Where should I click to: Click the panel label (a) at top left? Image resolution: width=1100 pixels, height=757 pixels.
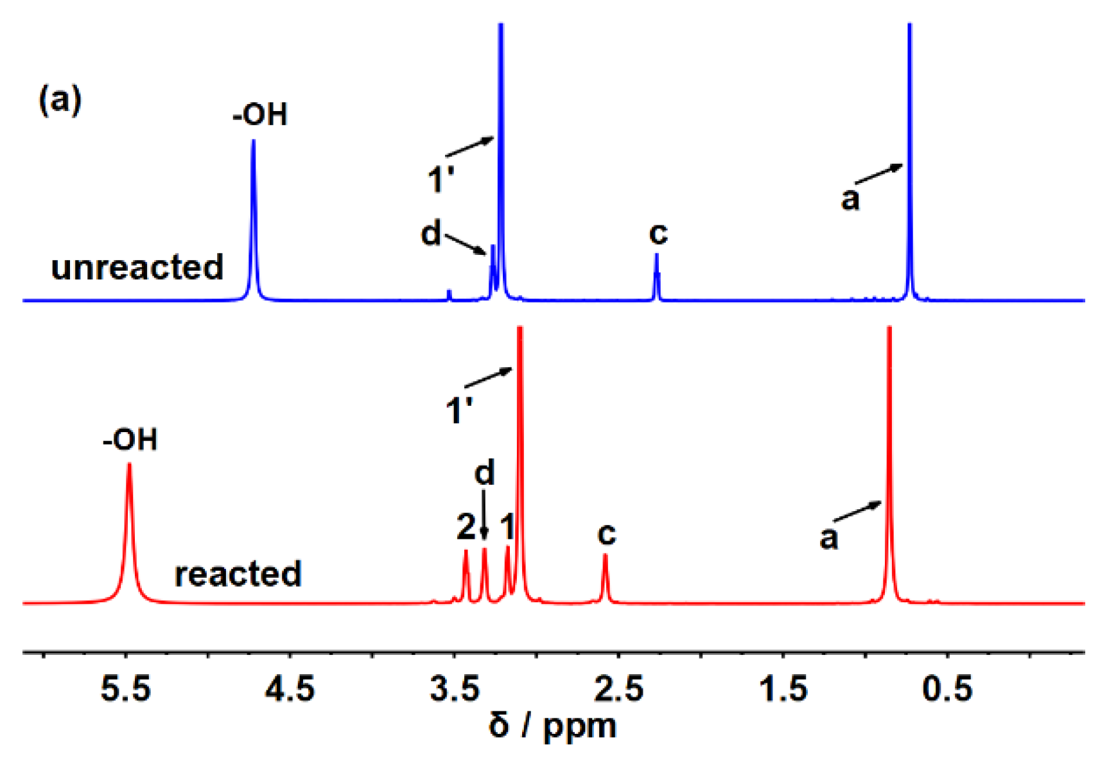(60, 101)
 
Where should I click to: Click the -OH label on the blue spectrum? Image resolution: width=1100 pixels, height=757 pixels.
(260, 115)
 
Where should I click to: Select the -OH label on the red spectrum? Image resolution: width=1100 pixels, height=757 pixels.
(130, 440)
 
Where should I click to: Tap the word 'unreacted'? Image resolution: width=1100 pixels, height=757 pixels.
(137, 267)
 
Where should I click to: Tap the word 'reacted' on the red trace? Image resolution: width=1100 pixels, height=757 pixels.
(238, 574)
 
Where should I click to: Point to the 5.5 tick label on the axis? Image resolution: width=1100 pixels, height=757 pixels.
(126, 689)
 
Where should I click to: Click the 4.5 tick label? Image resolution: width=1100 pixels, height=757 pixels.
(290, 689)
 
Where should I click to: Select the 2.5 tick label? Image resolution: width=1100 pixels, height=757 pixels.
(618, 689)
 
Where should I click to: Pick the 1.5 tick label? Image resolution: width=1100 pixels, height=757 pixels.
(783, 689)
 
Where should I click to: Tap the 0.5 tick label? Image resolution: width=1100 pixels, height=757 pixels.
(947, 689)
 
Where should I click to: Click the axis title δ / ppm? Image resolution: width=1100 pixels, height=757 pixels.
(552, 726)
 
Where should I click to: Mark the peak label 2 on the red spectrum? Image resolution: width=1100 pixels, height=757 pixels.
(466, 528)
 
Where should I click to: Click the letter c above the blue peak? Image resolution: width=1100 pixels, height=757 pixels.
(658, 233)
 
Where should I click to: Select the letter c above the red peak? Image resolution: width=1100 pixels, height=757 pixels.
(607, 534)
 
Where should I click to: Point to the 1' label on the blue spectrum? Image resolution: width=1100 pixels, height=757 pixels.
(441, 179)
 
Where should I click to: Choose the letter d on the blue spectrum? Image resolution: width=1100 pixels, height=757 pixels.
(431, 234)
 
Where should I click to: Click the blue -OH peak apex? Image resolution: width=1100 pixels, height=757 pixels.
(253, 141)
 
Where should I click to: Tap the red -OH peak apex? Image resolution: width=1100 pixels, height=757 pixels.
(129, 464)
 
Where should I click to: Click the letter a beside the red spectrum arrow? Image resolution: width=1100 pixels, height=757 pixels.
(829, 538)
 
